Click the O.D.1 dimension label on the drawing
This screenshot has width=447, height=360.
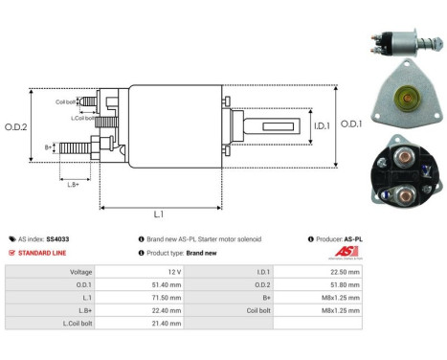[x=351, y=124]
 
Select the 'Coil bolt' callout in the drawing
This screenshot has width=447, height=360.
[x=65, y=101]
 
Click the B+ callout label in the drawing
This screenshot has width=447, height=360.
[x=50, y=147]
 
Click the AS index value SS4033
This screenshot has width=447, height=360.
[x=58, y=238]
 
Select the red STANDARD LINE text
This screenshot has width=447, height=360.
[x=43, y=253]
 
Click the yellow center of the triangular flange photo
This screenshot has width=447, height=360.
[x=401, y=98]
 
